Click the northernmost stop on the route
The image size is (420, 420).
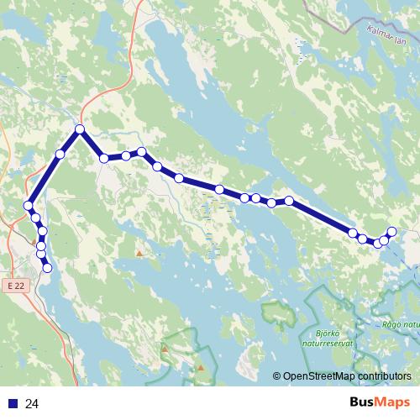tap(80, 129)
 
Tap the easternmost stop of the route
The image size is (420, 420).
tap(391, 232)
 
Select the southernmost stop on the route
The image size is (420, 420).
tap(47, 268)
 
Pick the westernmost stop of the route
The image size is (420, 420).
tap(29, 206)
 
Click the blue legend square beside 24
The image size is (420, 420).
tap(12, 404)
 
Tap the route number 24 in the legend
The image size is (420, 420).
tap(32, 404)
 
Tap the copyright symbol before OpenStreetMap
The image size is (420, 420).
tap(278, 376)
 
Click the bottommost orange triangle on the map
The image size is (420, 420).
tap(201, 367)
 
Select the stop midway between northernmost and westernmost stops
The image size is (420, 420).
tap(60, 154)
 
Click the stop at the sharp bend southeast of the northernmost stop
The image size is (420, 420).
tap(104, 158)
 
